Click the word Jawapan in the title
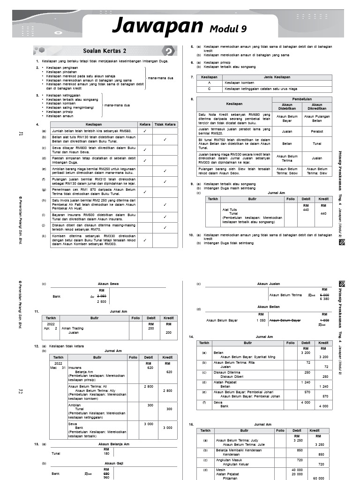(158, 25)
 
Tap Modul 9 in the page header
(228, 29)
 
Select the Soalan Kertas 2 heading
(105, 51)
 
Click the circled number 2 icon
(168, 51)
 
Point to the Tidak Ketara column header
(165, 124)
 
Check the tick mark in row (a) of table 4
(145, 131)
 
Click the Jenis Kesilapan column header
(277, 77)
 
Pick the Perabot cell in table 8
(317, 132)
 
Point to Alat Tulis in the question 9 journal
(230, 210)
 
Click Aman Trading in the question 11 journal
(73, 328)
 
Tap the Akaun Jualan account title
(269, 284)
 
